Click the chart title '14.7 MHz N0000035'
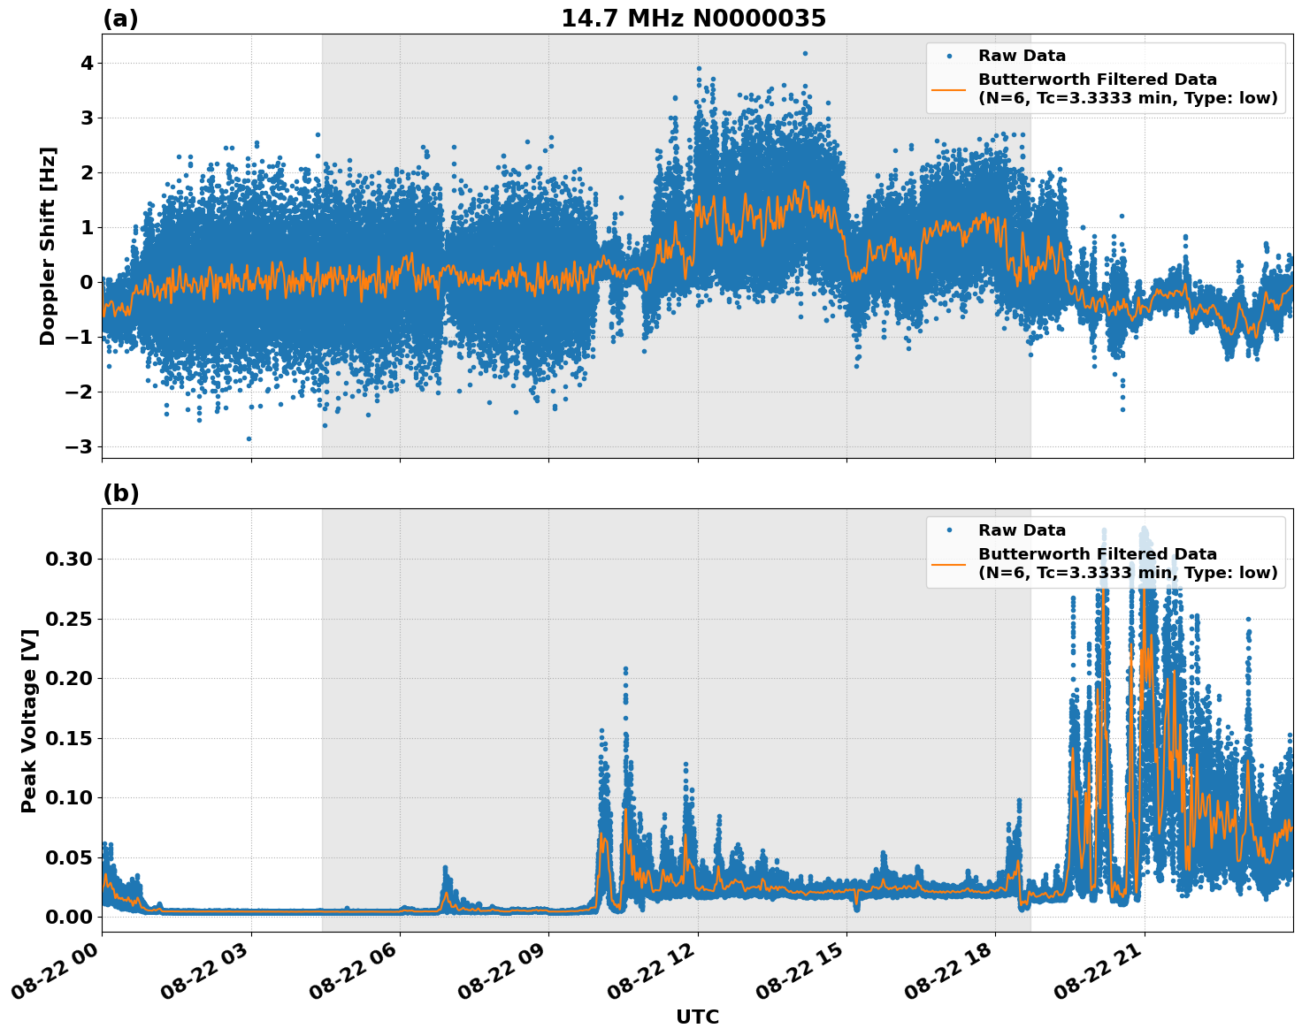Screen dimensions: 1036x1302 coord(693,19)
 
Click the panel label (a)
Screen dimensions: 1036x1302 coord(120,19)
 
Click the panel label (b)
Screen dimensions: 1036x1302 coord(120,493)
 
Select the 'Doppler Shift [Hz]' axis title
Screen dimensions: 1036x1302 coord(48,246)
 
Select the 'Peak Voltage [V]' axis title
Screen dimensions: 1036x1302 coord(29,720)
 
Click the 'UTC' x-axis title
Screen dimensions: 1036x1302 coord(697,1017)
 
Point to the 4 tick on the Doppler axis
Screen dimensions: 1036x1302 coord(87,63)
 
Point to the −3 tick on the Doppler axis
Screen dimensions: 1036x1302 coord(79,446)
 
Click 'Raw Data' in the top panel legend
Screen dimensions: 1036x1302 coord(1022,56)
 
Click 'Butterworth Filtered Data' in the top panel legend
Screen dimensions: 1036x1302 coord(1097,80)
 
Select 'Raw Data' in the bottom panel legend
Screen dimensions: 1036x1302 coord(1022,530)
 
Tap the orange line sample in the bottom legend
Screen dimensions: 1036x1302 coord(948,563)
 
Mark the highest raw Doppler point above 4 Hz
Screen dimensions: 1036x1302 coord(805,53)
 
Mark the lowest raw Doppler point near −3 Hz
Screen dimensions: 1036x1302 coord(249,438)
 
